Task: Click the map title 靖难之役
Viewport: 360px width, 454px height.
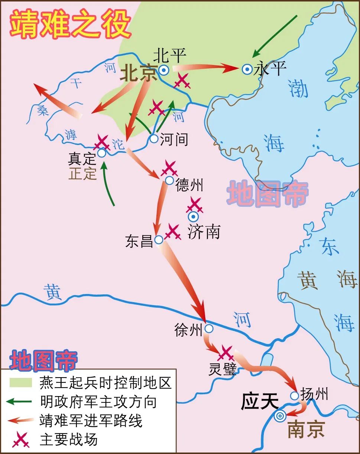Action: [x=71, y=24]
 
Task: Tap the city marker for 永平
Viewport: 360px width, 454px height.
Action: [x=247, y=69]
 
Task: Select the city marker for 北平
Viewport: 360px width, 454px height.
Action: [x=163, y=69]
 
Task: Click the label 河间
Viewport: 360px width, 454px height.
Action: [x=174, y=140]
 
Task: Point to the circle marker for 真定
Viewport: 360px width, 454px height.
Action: [x=101, y=153]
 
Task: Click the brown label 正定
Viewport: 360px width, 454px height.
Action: [x=82, y=174]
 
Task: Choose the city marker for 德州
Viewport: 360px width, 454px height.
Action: [x=169, y=180]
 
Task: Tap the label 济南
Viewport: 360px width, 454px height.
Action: [x=204, y=232]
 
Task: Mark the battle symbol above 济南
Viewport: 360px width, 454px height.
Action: [x=194, y=205]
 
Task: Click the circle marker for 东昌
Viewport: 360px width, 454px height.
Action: [x=159, y=240]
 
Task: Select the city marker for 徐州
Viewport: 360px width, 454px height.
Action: [x=209, y=329]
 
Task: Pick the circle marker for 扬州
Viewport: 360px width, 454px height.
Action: [x=294, y=396]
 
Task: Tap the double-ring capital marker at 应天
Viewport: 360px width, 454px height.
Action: [x=279, y=416]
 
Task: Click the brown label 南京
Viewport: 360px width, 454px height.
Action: [x=306, y=429]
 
